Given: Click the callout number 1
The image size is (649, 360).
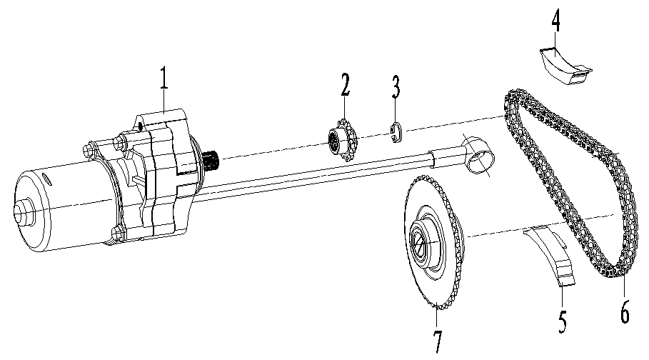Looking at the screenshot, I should click(163, 78).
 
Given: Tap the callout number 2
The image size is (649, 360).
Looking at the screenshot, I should click(345, 84).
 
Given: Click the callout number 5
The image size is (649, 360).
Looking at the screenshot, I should click(563, 321).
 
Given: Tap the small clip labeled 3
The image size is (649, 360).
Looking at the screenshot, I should click(397, 132).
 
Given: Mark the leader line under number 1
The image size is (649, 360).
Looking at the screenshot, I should click(165, 99).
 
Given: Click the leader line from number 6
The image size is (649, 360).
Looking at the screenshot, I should click(620, 289).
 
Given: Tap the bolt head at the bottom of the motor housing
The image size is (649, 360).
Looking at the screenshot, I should click(115, 231).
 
